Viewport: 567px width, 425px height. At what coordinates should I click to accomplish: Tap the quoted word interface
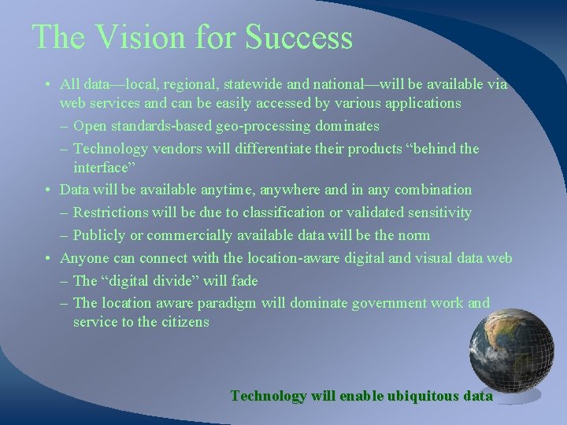click(x=105, y=168)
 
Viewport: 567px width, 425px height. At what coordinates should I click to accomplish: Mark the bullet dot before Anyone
click(x=49, y=258)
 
